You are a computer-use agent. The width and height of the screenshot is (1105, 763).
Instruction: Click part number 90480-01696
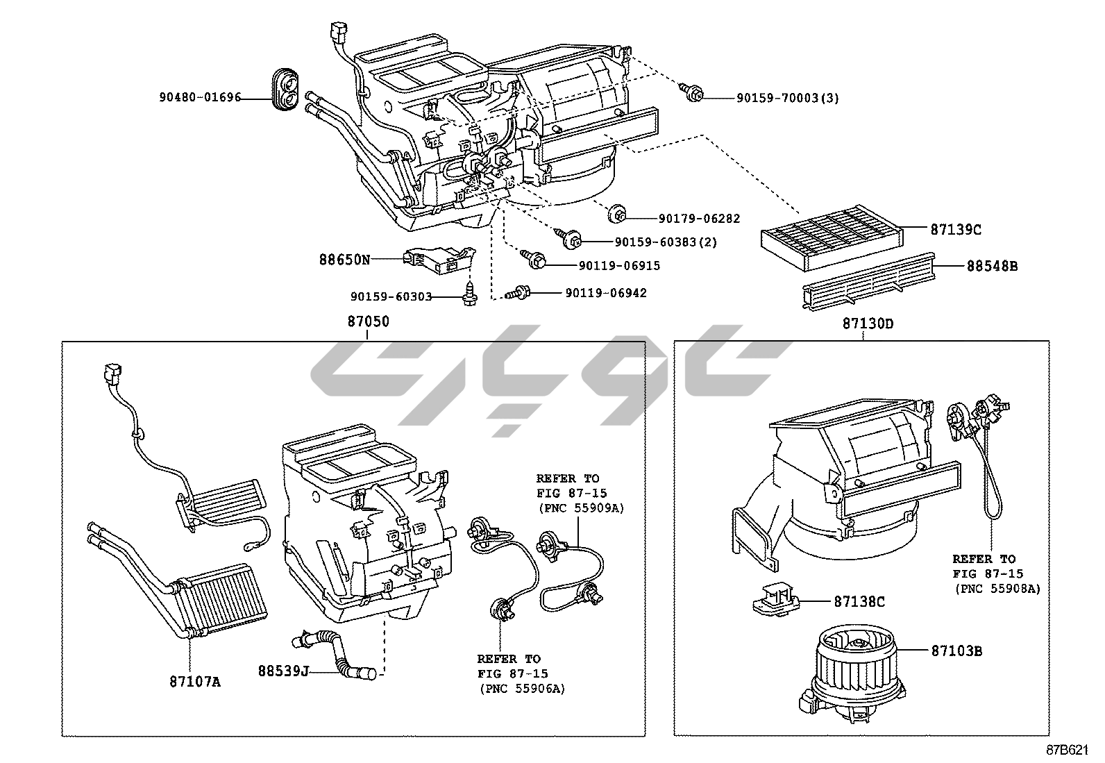(x=200, y=98)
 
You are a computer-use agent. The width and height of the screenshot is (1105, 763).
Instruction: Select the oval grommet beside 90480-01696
(x=285, y=90)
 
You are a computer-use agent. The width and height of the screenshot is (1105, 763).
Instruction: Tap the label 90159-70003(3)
(x=788, y=98)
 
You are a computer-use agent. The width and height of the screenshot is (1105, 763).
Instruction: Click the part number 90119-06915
(x=619, y=265)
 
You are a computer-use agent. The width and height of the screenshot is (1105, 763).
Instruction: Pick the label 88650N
(x=344, y=260)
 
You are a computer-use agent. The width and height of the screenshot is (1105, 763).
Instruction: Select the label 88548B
(x=993, y=265)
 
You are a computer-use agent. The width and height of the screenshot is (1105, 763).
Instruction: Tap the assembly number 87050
(x=368, y=322)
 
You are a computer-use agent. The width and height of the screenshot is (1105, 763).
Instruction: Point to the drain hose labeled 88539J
(x=337, y=653)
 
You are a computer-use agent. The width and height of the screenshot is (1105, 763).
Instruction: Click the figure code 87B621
(x=1068, y=750)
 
